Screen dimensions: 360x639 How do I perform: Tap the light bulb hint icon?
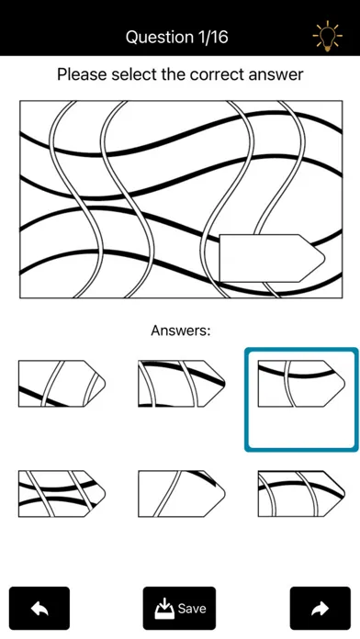point(327,37)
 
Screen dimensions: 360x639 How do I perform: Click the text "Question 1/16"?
point(176,37)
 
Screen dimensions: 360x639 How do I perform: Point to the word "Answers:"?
point(181,331)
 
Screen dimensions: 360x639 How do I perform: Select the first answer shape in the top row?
point(62,384)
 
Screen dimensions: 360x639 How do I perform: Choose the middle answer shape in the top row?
point(182,384)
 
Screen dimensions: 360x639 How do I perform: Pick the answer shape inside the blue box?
point(301,384)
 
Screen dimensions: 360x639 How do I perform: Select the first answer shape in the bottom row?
point(62,494)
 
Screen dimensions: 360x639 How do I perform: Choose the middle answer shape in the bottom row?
point(182,494)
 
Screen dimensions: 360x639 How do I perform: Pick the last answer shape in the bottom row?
point(301,494)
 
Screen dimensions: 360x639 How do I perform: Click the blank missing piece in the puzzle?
point(272,258)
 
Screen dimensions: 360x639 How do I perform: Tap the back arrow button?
point(39,608)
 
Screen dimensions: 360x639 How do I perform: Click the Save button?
point(179,608)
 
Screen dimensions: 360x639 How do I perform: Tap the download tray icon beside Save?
point(164,609)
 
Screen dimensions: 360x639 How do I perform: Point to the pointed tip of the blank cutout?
point(324,258)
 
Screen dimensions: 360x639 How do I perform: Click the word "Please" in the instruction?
point(82,74)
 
